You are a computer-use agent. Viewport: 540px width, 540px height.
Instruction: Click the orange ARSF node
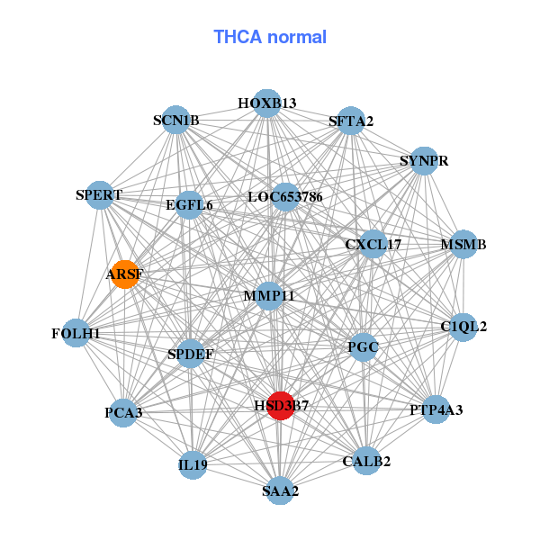(125, 274)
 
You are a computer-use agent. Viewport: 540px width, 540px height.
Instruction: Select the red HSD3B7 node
(281, 406)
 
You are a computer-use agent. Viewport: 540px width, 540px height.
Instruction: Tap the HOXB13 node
(267, 103)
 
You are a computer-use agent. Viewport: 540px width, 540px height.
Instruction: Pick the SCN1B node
(176, 120)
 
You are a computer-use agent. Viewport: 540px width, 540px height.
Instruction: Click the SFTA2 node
(351, 121)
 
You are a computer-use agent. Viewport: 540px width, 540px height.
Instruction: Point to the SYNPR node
(424, 161)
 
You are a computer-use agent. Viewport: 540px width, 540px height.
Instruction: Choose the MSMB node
(463, 244)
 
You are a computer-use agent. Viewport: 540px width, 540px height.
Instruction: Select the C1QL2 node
(463, 328)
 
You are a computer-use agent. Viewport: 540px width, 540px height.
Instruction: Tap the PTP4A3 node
(436, 409)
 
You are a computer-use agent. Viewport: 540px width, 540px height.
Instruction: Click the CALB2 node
(366, 461)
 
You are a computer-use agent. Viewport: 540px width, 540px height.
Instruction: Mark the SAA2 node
(280, 490)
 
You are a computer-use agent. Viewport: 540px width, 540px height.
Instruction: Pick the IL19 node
(193, 465)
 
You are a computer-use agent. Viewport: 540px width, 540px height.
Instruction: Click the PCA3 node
(123, 412)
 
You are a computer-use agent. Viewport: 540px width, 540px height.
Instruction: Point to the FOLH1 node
(76, 333)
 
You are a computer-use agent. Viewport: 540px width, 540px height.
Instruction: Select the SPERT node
(100, 195)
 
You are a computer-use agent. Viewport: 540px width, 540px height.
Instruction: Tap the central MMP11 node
(268, 296)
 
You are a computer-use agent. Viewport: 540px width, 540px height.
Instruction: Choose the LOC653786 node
(284, 197)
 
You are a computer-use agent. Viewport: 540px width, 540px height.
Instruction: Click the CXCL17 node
(373, 244)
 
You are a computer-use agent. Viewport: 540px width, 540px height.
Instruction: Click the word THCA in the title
(238, 37)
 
